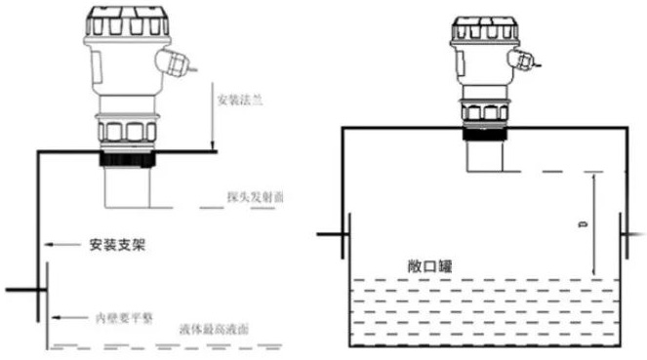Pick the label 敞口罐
431,266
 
